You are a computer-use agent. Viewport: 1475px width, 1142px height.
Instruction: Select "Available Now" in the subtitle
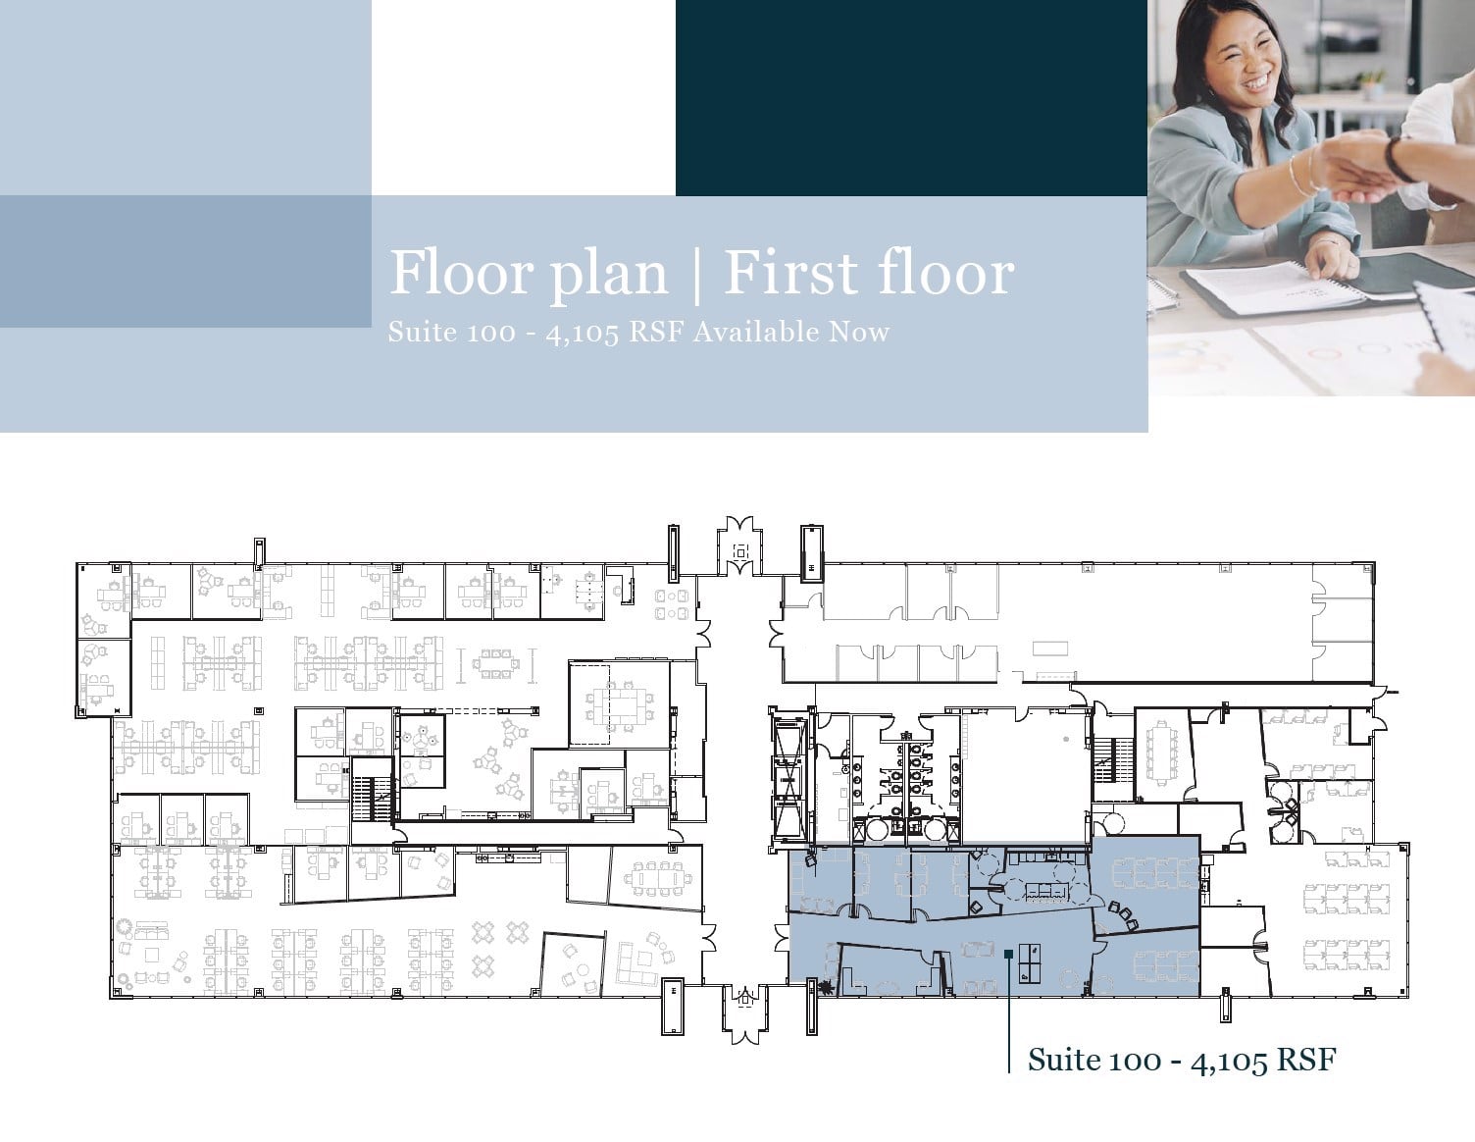(790, 332)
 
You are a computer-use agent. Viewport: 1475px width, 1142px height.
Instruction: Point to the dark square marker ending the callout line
(1008, 952)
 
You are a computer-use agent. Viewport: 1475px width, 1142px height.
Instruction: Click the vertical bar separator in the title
(696, 273)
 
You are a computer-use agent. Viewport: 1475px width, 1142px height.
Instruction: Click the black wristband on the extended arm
(1399, 159)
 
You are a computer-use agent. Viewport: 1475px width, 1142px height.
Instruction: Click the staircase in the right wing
(1106, 759)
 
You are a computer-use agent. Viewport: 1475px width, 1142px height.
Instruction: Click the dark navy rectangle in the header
(911, 97)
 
